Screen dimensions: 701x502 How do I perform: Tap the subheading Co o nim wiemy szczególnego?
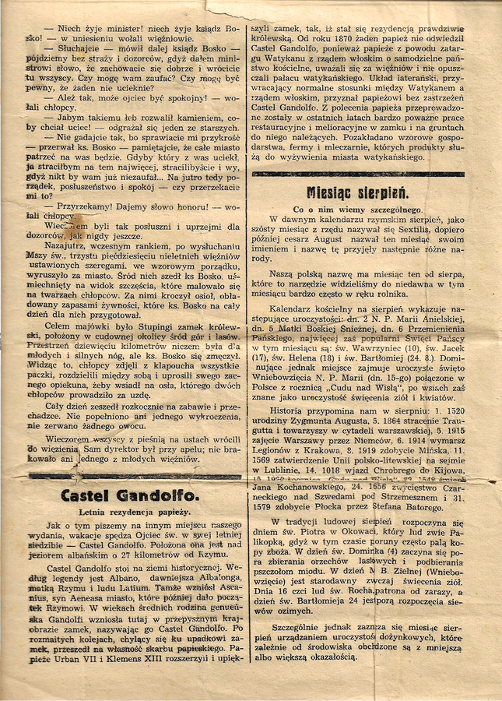pyautogui.click(x=357, y=210)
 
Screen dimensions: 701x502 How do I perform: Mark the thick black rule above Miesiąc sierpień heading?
pyautogui.click(x=358, y=174)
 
